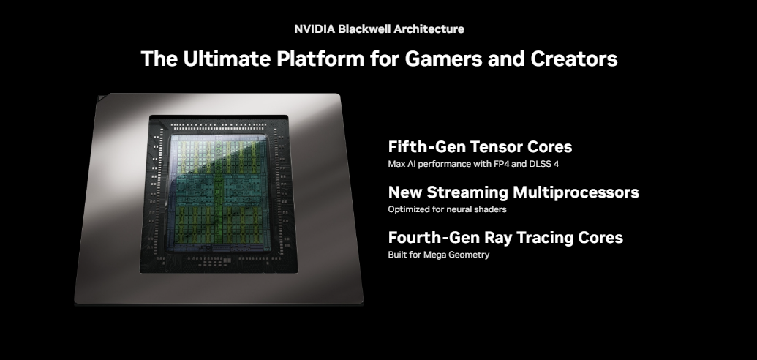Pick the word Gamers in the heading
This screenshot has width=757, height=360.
pyautogui.click(x=444, y=59)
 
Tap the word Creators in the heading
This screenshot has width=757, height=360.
pyautogui.click(x=574, y=59)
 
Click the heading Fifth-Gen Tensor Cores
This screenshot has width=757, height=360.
pyautogui.click(x=480, y=146)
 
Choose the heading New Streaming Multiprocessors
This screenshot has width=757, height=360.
pyautogui.click(x=513, y=192)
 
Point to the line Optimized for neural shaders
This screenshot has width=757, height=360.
pyautogui.click(x=447, y=209)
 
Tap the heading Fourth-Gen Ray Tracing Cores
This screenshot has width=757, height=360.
pyautogui.click(x=505, y=237)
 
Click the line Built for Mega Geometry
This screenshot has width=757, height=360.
pyautogui.click(x=438, y=255)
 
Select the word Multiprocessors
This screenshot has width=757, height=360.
pyautogui.click(x=576, y=192)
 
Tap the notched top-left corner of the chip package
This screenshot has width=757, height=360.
pyautogui.click(x=101, y=97)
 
